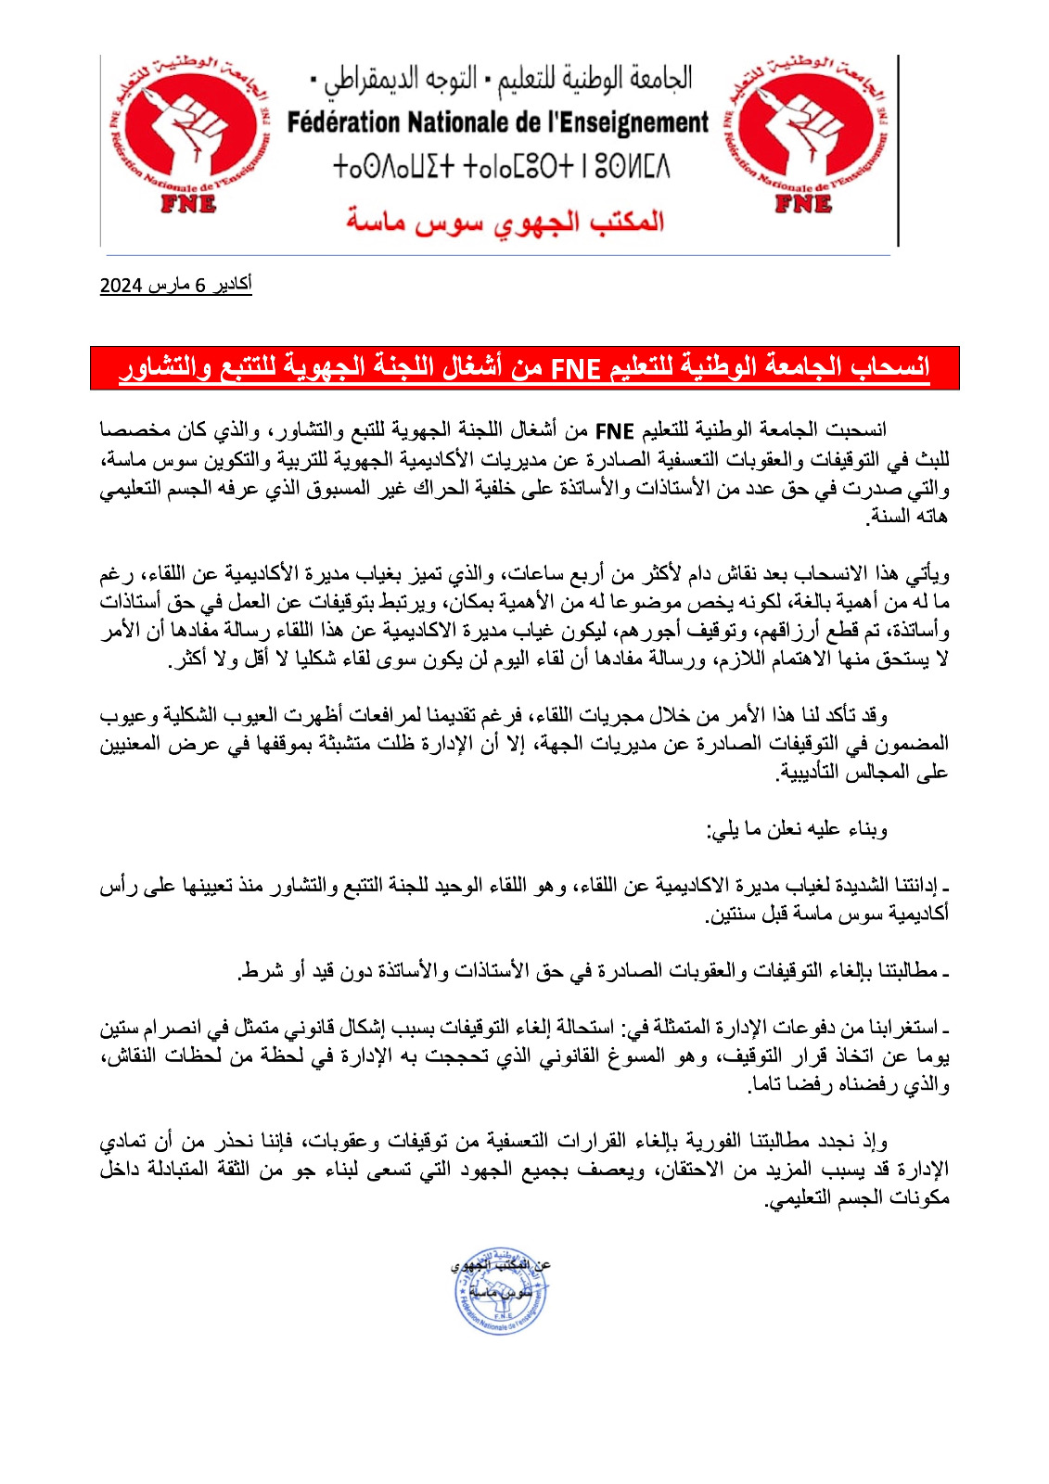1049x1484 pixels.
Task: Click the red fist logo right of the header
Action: (803, 134)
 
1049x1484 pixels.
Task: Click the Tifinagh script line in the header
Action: (501, 168)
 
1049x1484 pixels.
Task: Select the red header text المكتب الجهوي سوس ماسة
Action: (505, 221)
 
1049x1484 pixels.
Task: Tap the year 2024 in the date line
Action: (120, 285)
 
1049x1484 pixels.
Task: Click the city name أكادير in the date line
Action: (231, 285)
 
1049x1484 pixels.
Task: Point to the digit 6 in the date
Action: (199, 286)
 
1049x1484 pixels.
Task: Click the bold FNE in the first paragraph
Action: (614, 430)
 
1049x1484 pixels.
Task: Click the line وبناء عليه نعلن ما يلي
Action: (798, 829)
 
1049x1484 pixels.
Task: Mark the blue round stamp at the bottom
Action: (501, 1290)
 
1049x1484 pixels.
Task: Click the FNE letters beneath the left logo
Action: (188, 203)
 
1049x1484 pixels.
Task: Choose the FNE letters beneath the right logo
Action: (803, 203)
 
